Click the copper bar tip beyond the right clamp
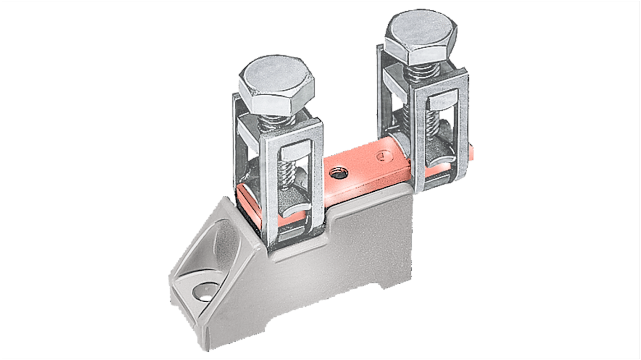470,149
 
